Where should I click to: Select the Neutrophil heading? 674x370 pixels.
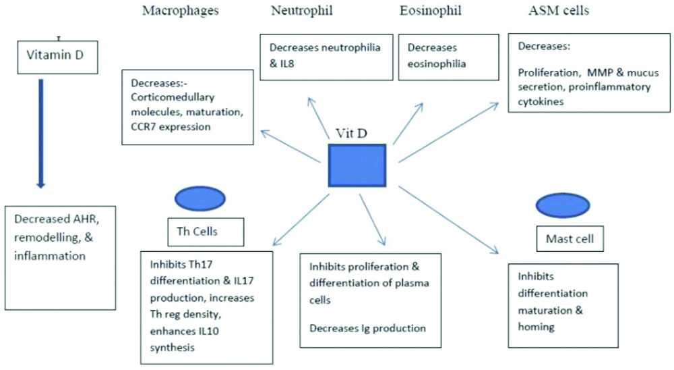pyautogui.click(x=295, y=11)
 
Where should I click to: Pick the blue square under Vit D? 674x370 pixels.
pyautogui.click(x=357, y=165)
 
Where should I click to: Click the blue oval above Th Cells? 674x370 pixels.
pyautogui.click(x=200, y=199)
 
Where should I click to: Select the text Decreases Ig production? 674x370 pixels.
pyautogui.click(x=367, y=328)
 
